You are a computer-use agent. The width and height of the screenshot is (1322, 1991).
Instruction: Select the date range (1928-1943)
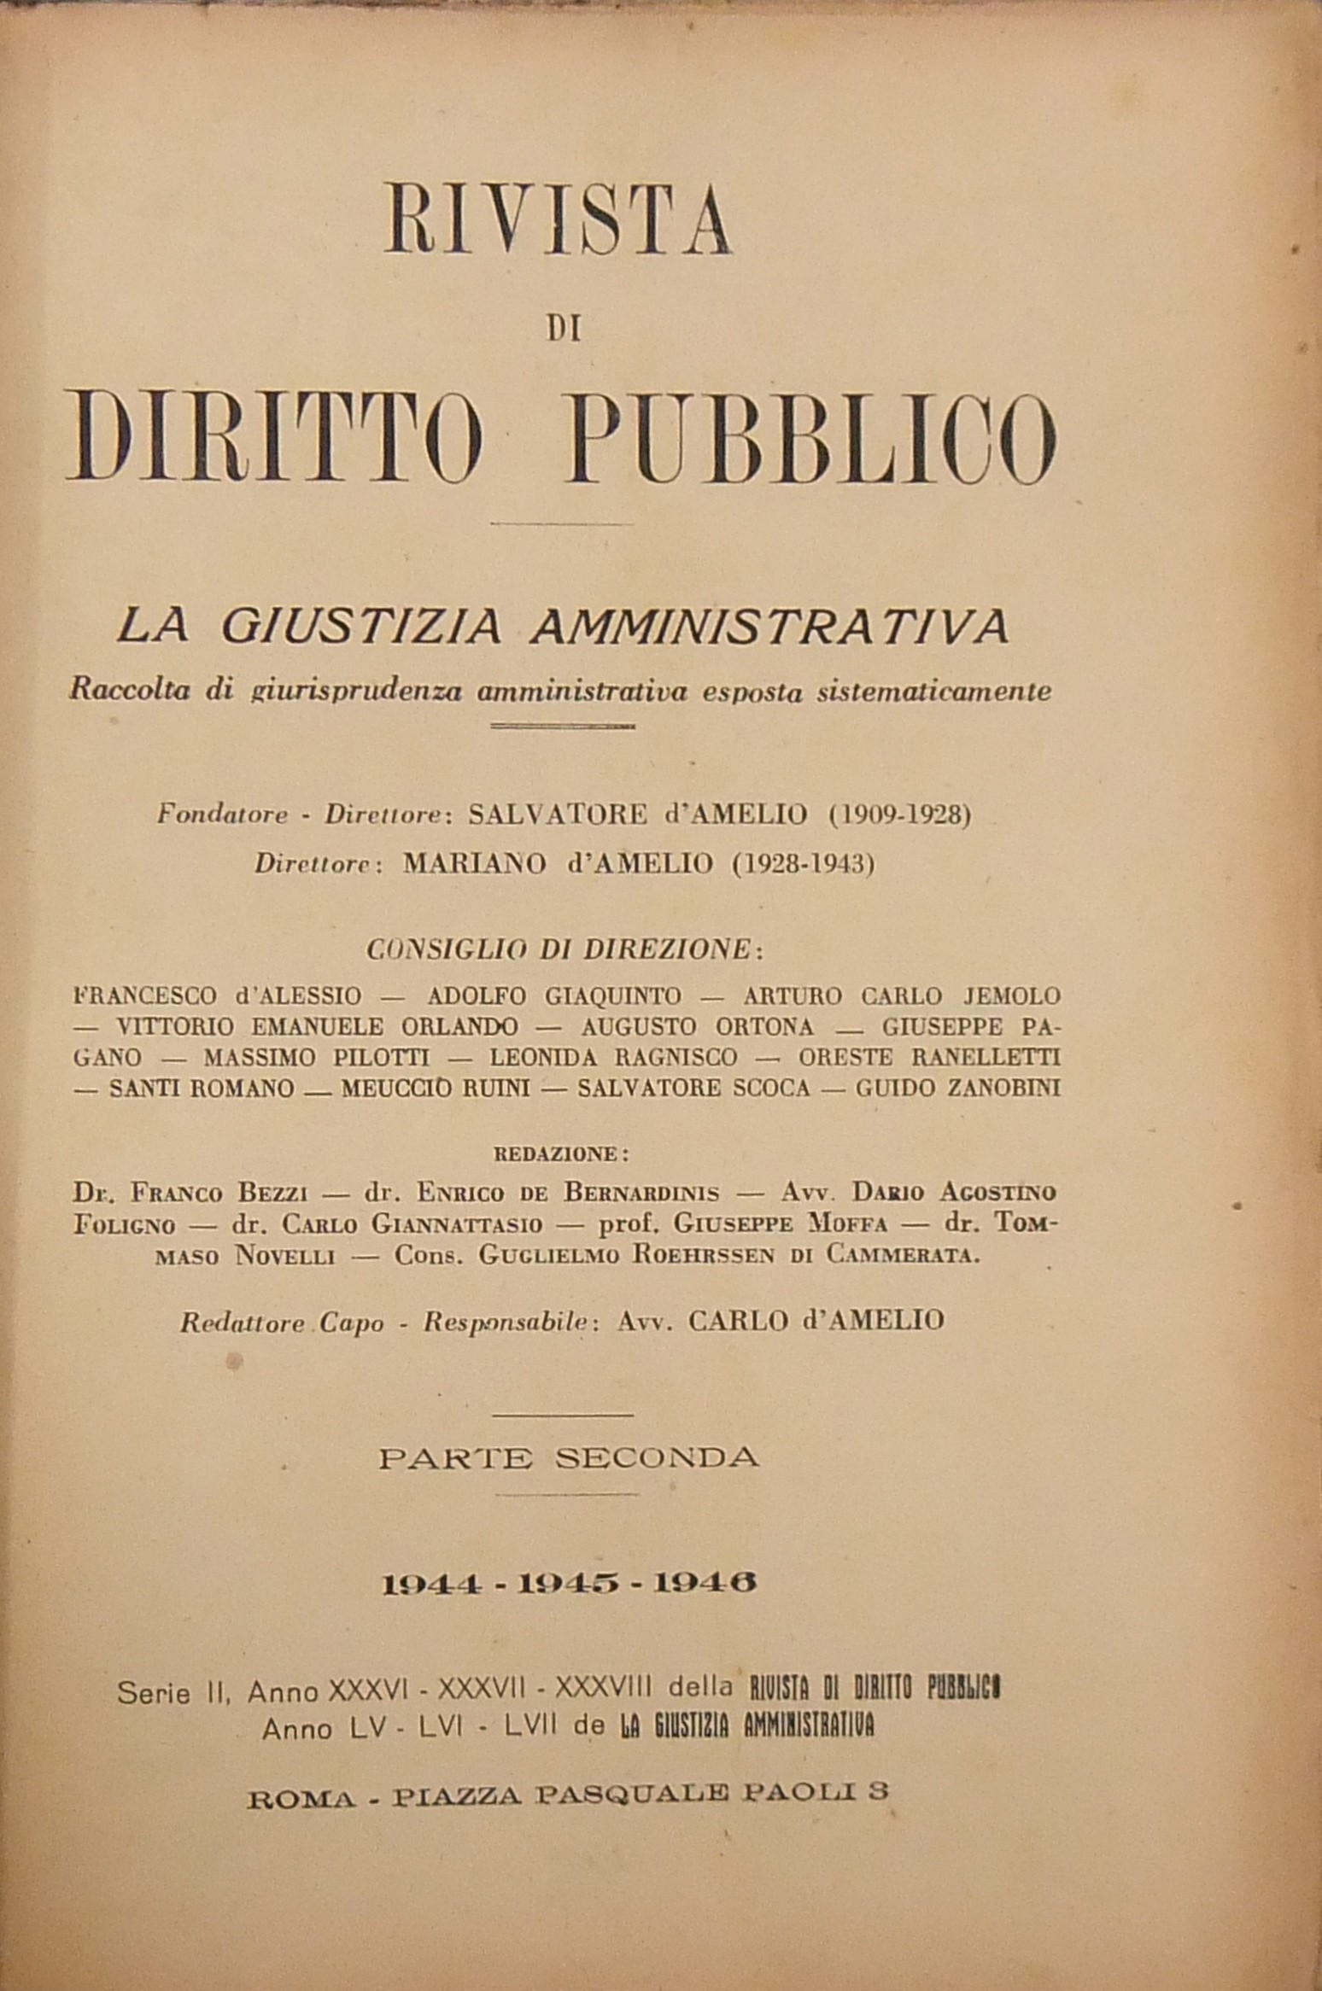tap(802, 866)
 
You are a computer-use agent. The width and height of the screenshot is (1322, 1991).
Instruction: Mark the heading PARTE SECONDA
tap(568, 1457)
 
